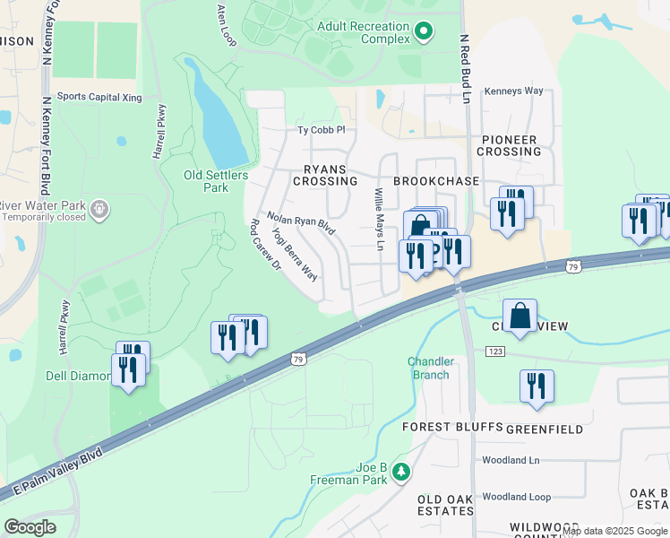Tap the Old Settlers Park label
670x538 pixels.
(216, 181)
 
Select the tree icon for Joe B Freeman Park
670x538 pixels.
(402, 472)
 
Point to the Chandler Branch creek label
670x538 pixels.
(431, 368)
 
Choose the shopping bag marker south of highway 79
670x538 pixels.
(520, 316)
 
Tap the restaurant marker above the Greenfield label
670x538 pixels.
(537, 386)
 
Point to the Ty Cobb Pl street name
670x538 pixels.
(321, 130)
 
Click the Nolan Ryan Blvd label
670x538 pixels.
(301, 224)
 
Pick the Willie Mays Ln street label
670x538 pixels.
(379, 220)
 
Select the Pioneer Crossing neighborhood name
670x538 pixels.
(508, 145)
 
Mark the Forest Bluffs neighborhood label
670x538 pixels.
(451, 426)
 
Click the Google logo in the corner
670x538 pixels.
(30, 526)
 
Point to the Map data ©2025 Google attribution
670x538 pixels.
(614, 532)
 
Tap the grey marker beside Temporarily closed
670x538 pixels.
(99, 209)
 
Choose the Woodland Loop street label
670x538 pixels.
(515, 497)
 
